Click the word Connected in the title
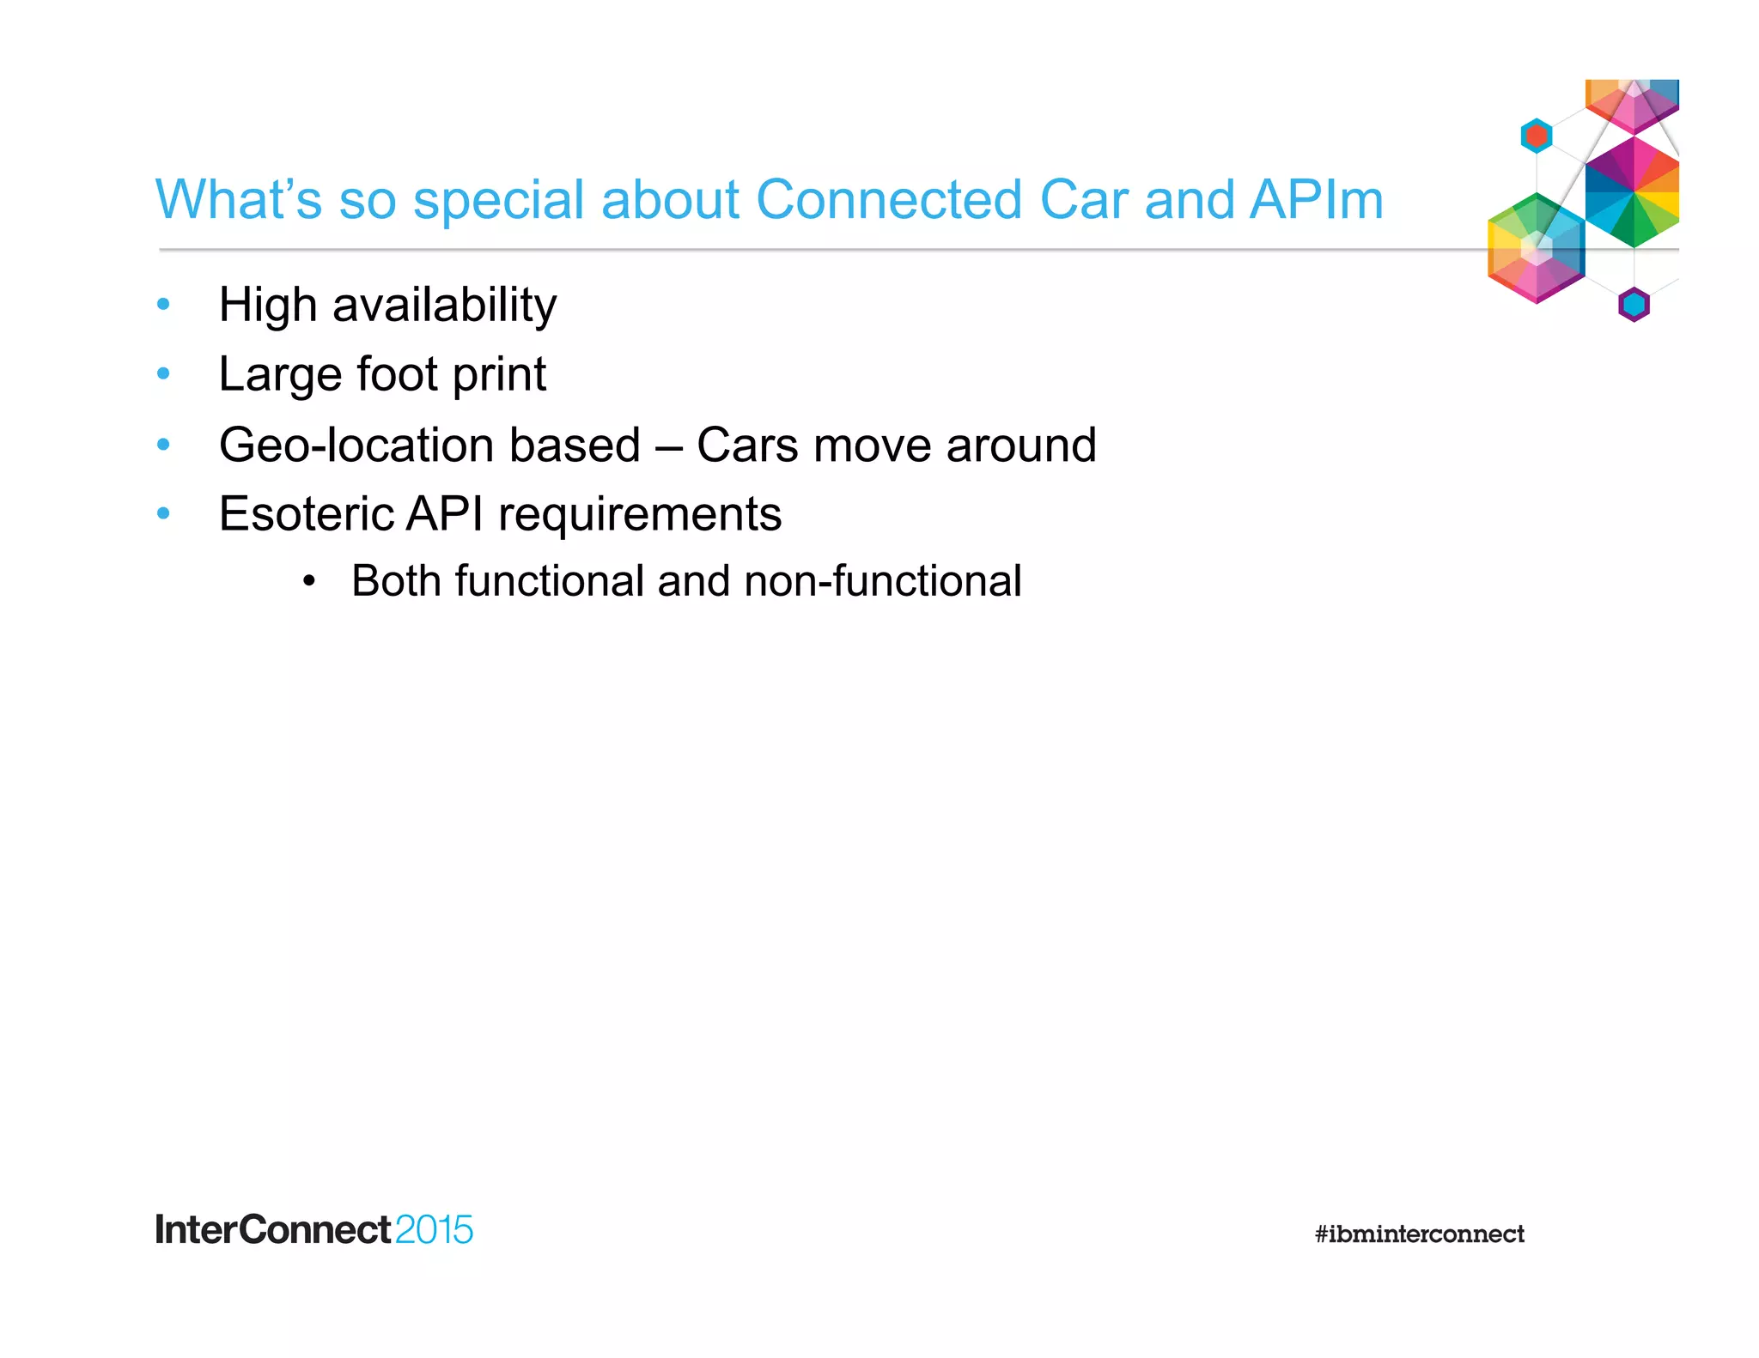click(889, 200)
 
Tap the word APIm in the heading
click(1316, 200)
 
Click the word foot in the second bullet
click(397, 374)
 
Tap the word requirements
click(640, 515)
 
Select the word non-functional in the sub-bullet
click(883, 581)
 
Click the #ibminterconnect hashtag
click(1419, 1234)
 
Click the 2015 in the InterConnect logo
click(434, 1230)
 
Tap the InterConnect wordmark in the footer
click(273, 1230)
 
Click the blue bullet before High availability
click(164, 304)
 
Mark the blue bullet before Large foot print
click(164, 373)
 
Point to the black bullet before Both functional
click(309, 581)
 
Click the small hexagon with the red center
click(1536, 136)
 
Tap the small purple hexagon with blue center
click(1634, 304)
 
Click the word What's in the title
click(239, 200)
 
